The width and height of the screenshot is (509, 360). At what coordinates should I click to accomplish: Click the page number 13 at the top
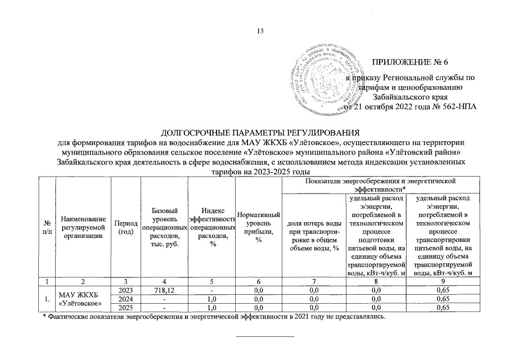[x=260, y=30]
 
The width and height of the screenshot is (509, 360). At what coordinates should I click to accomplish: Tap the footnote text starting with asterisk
[x=214, y=317]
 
